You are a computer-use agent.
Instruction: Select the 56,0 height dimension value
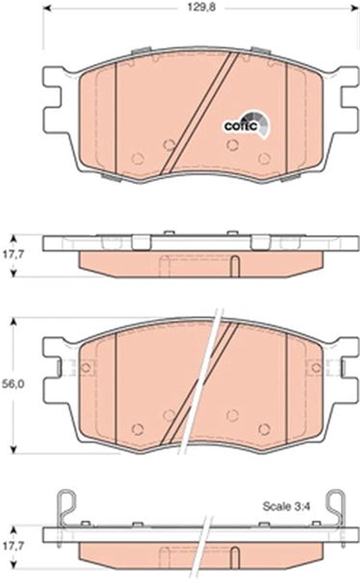[13, 384]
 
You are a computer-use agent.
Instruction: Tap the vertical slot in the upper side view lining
[235, 266]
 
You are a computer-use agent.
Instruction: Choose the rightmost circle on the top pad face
[264, 158]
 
